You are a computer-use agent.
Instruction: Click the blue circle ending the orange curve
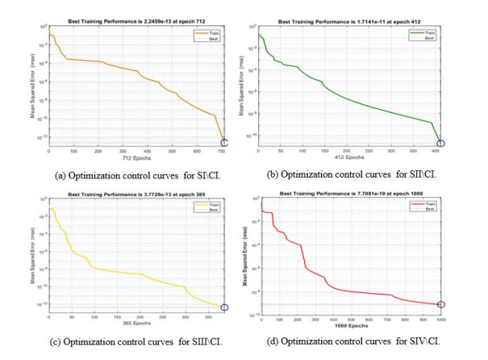pos(223,143)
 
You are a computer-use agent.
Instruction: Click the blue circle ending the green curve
pos(440,144)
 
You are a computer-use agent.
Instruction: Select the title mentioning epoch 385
pos(135,193)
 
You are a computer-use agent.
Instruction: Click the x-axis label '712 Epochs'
pos(135,159)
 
